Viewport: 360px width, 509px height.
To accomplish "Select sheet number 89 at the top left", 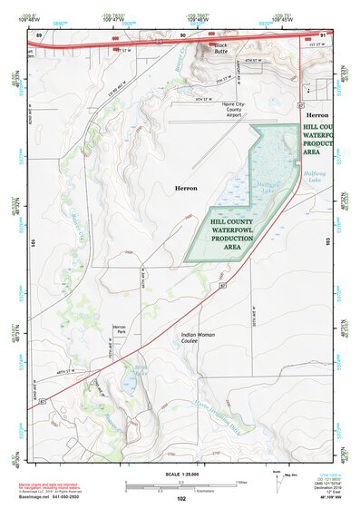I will tap(38, 34).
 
